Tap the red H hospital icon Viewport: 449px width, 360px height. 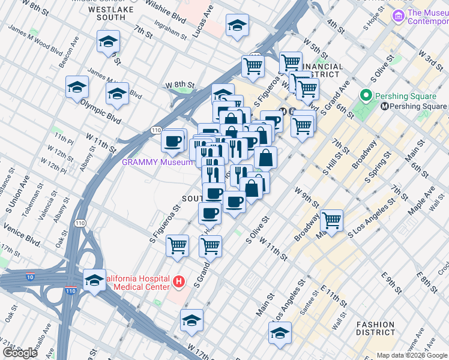pyautogui.click(x=178, y=281)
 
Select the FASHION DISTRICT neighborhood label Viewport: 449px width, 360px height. pyautogui.click(x=375, y=328)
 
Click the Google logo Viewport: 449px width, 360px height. pyautogui.click(x=20, y=353)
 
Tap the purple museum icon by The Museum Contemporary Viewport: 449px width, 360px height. pyautogui.click(x=397, y=14)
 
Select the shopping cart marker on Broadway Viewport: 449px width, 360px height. pyautogui.click(x=331, y=220)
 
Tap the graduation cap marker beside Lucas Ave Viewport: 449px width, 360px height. pyautogui.click(x=237, y=26)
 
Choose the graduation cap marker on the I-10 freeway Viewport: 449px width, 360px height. pyautogui.click(x=95, y=280)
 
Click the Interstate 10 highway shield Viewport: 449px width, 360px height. pyautogui.click(x=31, y=277)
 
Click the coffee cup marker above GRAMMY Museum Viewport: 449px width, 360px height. pyautogui.click(x=173, y=141)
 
